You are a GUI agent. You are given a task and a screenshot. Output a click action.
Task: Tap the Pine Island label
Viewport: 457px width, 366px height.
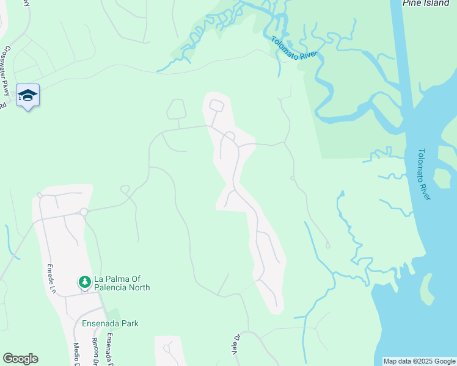pos(426,3)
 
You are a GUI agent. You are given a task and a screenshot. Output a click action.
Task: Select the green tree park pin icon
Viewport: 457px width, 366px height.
pos(85,282)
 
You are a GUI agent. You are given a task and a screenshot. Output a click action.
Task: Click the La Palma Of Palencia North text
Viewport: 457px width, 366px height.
pos(122,284)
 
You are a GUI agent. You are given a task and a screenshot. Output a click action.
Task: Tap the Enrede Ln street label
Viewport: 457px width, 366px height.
pos(52,278)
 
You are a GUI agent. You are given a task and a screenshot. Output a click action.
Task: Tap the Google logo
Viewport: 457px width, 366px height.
pos(20,359)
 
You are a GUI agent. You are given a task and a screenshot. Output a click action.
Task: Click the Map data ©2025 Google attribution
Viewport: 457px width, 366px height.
pos(419,361)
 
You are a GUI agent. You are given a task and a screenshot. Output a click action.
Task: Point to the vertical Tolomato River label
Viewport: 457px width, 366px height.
pos(425,174)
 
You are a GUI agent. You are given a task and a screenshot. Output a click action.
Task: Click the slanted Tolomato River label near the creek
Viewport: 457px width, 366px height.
pos(294,47)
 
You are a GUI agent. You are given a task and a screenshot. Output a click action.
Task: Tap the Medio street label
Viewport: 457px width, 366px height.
pos(78,353)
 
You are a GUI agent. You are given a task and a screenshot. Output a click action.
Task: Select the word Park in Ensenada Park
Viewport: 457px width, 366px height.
pos(130,323)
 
